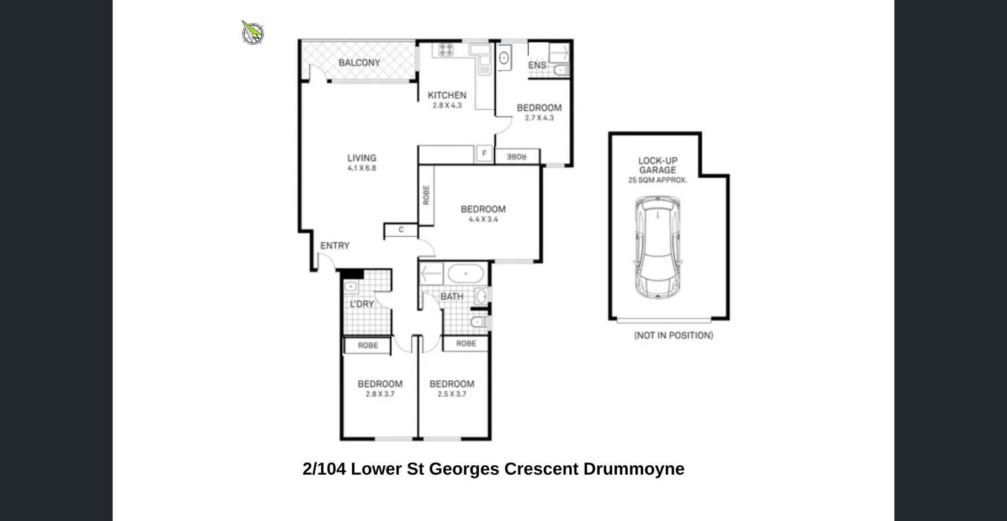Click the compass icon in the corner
point(253,33)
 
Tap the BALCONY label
point(359,63)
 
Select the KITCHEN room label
point(447,95)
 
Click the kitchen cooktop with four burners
point(446,50)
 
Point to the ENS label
point(537,65)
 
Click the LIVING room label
point(362,158)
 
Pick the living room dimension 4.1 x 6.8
point(362,168)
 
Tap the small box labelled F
point(484,153)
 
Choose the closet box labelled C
point(401,230)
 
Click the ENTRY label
point(335,246)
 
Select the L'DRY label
point(362,304)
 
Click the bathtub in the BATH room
point(466,274)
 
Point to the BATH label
point(452,297)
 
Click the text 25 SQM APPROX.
point(658,180)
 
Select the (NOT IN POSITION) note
point(674,336)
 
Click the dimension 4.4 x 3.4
point(483,220)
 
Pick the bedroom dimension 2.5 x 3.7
point(452,394)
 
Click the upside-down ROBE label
point(517,157)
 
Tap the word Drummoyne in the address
point(634,469)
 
